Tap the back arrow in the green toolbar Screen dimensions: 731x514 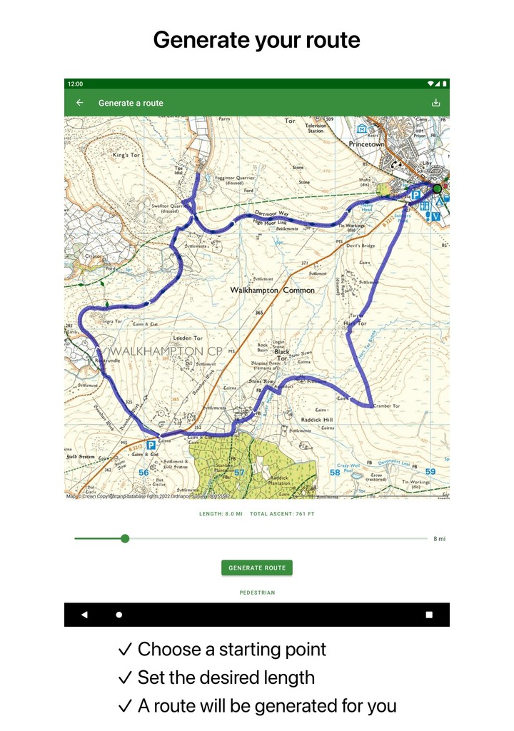click(x=80, y=103)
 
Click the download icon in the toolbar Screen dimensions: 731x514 click(x=435, y=103)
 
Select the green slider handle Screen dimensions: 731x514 click(x=125, y=538)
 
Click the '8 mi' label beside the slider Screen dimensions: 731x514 click(x=439, y=539)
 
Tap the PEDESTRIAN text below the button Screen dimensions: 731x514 click(x=257, y=593)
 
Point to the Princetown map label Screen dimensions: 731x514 click(x=366, y=144)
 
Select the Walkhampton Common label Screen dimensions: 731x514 click(x=272, y=291)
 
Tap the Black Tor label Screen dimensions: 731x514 click(x=282, y=352)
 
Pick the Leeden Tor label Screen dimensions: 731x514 click(x=188, y=338)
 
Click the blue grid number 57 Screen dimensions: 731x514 click(x=239, y=473)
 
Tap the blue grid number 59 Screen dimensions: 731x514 click(x=430, y=472)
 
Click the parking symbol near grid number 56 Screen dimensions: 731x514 click(x=151, y=445)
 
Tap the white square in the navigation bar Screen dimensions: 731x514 click(x=429, y=615)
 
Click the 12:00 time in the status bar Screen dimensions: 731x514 click(x=75, y=84)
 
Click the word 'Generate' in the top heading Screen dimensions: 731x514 click(x=199, y=40)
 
